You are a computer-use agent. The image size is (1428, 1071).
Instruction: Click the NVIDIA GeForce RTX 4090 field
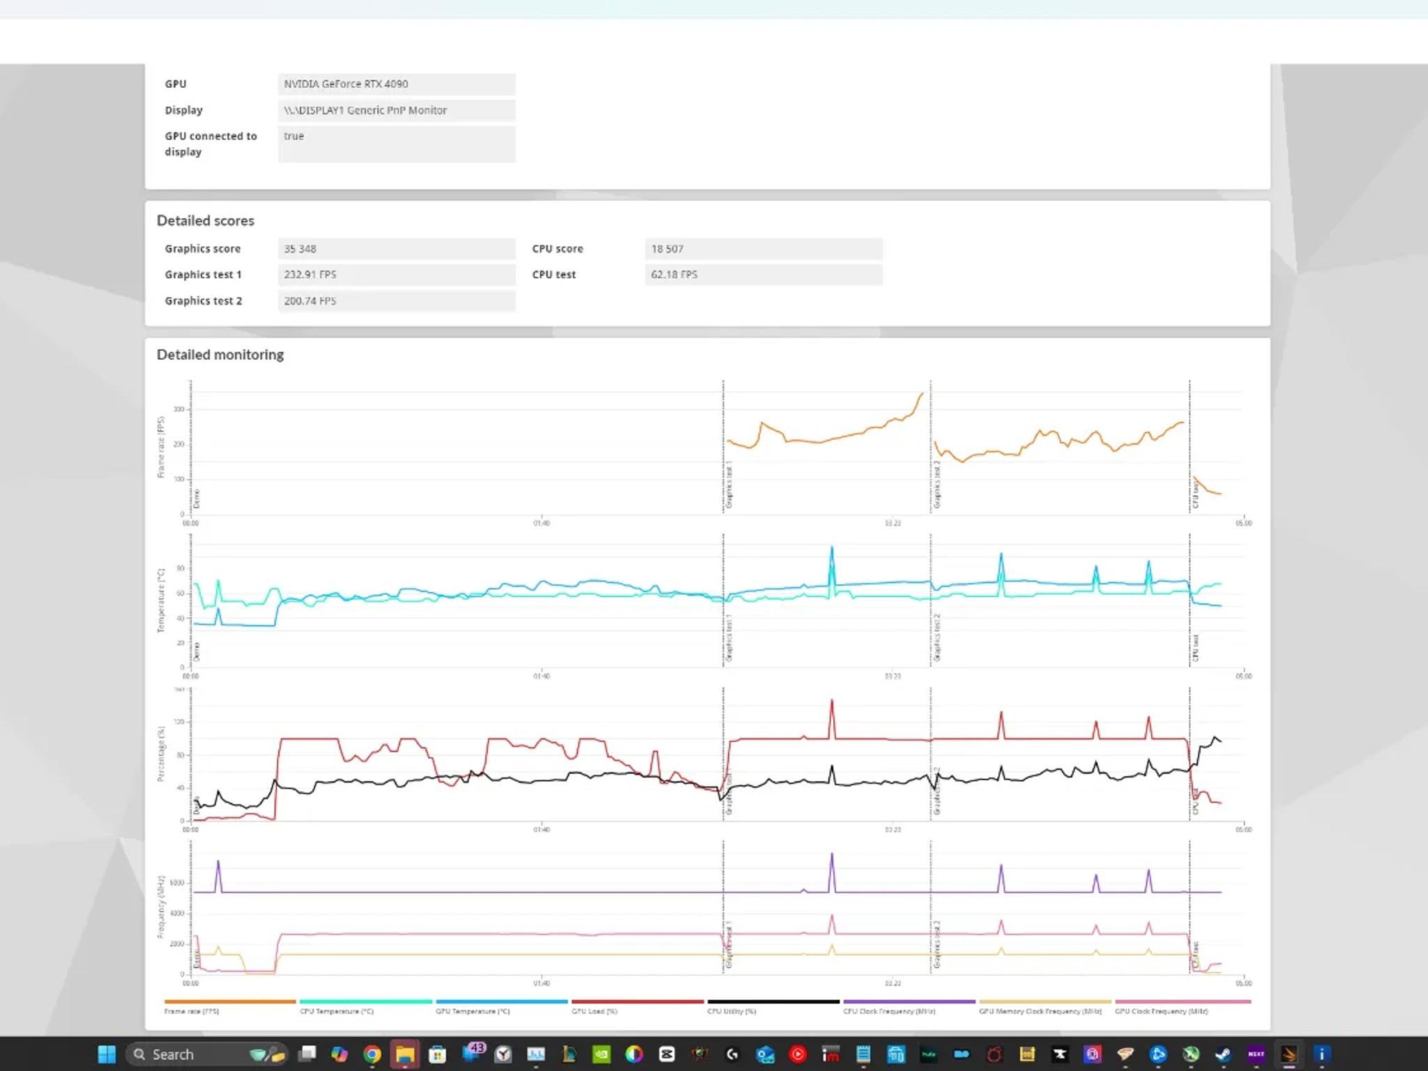pyautogui.click(x=396, y=84)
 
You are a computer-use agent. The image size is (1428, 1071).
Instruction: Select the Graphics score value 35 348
pyautogui.click(x=396, y=249)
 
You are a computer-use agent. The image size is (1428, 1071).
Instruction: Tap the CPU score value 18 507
pyautogui.click(x=763, y=249)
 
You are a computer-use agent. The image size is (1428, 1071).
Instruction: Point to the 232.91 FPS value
pyautogui.click(x=396, y=275)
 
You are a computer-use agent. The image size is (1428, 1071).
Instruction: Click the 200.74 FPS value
pyautogui.click(x=396, y=301)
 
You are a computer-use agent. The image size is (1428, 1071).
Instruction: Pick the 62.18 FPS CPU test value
pyautogui.click(x=763, y=275)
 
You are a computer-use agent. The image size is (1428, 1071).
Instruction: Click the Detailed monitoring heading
pyautogui.click(x=220, y=355)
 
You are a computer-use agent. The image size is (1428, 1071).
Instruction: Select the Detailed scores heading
pyautogui.click(x=205, y=221)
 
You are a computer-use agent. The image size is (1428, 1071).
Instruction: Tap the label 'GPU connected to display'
pyautogui.click(x=211, y=144)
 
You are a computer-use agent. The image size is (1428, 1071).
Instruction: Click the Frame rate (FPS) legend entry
pyautogui.click(x=192, y=1011)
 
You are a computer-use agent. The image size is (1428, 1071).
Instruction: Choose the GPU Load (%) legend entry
pyautogui.click(x=594, y=1011)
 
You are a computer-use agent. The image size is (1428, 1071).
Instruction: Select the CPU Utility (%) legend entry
pyautogui.click(x=731, y=1011)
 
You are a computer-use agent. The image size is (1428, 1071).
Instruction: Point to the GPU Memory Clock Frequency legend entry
pyautogui.click(x=1040, y=1011)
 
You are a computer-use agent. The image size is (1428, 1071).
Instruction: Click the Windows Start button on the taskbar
pyautogui.click(x=107, y=1054)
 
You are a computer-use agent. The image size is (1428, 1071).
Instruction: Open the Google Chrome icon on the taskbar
pyautogui.click(x=372, y=1054)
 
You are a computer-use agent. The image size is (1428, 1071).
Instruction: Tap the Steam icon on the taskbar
pyautogui.click(x=1223, y=1054)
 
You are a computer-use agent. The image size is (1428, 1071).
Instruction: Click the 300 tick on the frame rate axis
pyautogui.click(x=179, y=409)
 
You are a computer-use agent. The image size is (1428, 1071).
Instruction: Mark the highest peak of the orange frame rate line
pyautogui.click(x=922, y=394)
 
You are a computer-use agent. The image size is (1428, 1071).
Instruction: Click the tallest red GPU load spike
pyautogui.click(x=832, y=701)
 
